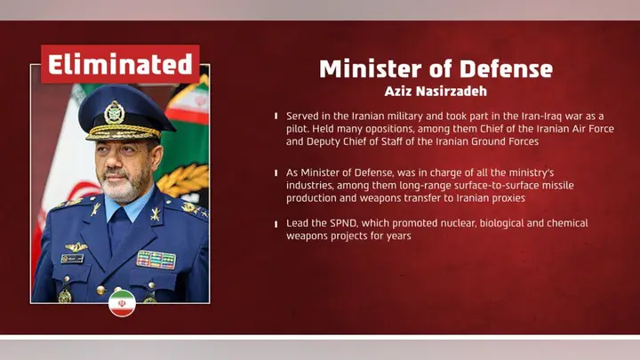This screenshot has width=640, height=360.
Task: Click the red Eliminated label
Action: pyautogui.click(x=120, y=64)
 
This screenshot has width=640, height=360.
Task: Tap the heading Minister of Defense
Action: pyautogui.click(x=436, y=68)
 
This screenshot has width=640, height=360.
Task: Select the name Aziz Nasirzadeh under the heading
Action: pyautogui.click(x=436, y=91)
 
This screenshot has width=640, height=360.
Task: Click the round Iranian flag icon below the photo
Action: pyautogui.click(x=122, y=302)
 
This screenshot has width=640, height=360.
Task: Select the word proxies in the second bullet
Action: pyautogui.click(x=503, y=197)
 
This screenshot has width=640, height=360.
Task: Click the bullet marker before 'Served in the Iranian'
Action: pyautogui.click(x=276, y=116)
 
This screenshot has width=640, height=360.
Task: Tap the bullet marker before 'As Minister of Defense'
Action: pyautogui.click(x=276, y=172)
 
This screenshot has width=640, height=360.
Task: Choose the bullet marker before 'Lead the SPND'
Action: pyautogui.click(x=276, y=224)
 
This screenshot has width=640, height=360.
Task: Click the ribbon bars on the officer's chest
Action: pyautogui.click(x=156, y=260)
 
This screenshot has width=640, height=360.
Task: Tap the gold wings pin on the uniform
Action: pyautogui.click(x=76, y=246)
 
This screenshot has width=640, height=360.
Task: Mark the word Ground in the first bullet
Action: pyautogui.click(x=487, y=141)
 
